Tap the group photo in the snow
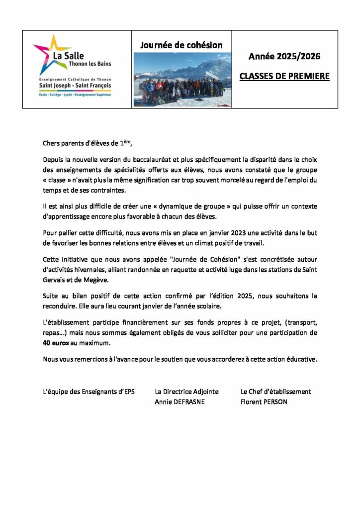click(x=182, y=80)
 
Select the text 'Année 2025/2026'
click(x=284, y=57)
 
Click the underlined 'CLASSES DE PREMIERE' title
click(x=284, y=77)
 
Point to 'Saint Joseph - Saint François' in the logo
click(x=76, y=85)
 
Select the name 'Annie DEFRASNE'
click(x=180, y=402)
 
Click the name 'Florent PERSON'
click(x=264, y=402)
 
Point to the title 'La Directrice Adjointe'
click(x=186, y=392)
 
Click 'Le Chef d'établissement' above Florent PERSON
click(x=275, y=392)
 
